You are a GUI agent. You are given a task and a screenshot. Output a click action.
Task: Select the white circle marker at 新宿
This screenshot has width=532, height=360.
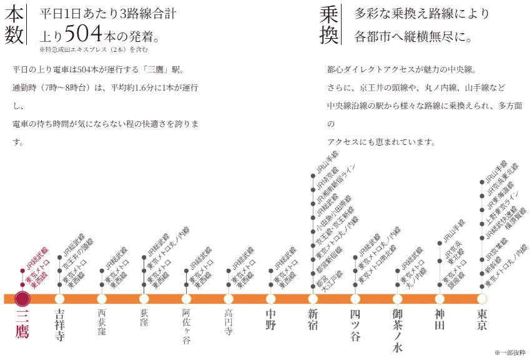point(313,298)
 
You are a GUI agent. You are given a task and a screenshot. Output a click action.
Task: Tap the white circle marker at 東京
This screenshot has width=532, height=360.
point(482,298)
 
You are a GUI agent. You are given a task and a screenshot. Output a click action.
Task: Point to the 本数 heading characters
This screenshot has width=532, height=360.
point(13,25)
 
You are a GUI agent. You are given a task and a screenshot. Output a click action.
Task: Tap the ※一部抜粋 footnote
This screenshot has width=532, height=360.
point(510,352)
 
